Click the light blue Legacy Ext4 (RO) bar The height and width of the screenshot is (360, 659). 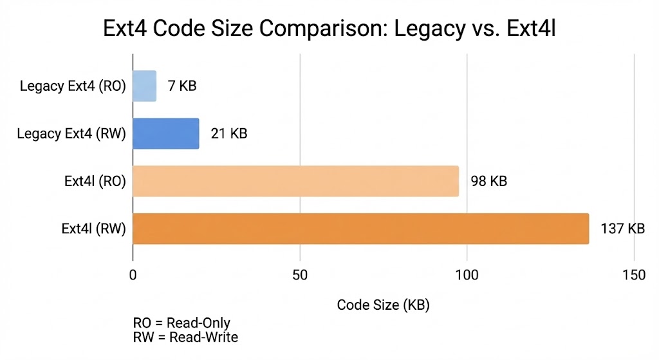pyautogui.click(x=144, y=86)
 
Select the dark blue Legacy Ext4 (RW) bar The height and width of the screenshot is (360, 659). pyautogui.click(x=166, y=134)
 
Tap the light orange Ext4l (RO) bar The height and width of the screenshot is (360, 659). pyautogui.click(x=295, y=181)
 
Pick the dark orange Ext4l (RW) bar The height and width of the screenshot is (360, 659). pyautogui.click(x=360, y=229)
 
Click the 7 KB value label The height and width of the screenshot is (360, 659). pyautogui.click(x=182, y=86)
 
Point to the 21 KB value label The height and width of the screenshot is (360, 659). pyautogui.click(x=229, y=134)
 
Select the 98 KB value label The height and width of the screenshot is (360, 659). pyautogui.click(x=489, y=182)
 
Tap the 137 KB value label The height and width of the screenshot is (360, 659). pyautogui.click(x=622, y=229)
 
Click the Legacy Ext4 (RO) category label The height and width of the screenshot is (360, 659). pyautogui.click(x=73, y=86)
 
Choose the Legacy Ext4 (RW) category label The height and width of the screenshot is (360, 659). pyautogui.click(x=71, y=134)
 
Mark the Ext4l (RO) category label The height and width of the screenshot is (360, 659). pyautogui.click(x=95, y=182)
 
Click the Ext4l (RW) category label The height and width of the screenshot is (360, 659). pyautogui.click(x=93, y=229)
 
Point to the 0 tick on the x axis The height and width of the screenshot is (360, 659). pyautogui.click(x=133, y=275)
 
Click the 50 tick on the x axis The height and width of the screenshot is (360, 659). pyautogui.click(x=300, y=275)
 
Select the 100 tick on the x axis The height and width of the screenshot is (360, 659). pyautogui.click(x=467, y=275)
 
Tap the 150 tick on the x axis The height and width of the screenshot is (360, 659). pyautogui.click(x=634, y=275)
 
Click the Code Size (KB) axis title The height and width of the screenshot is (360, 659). pyautogui.click(x=383, y=305)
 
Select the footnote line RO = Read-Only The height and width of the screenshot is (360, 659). pyautogui.click(x=181, y=323)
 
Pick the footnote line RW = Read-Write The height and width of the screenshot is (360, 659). pyautogui.click(x=185, y=337)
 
